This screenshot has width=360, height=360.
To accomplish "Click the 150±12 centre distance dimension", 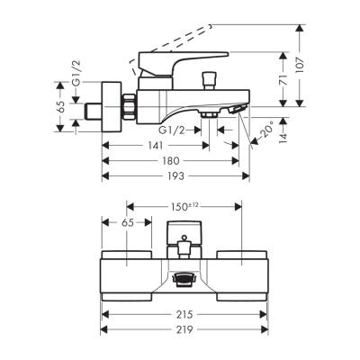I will tap(184, 207).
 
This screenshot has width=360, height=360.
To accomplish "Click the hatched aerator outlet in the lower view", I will tap(184, 281).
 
